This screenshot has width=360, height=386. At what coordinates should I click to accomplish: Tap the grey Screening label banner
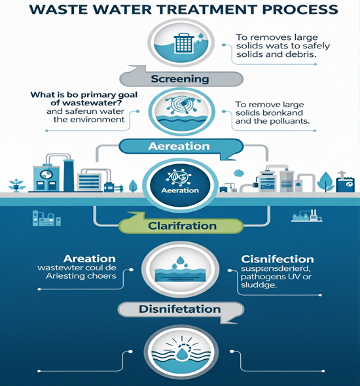(x=181, y=79)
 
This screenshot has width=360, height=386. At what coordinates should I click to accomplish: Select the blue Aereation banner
(x=181, y=147)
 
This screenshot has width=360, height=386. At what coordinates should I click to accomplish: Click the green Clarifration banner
(x=181, y=226)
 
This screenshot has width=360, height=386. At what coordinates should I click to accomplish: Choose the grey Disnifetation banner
(x=181, y=309)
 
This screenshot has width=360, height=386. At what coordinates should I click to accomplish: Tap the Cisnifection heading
(x=278, y=259)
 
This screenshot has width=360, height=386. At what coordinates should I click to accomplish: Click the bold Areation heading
(x=90, y=258)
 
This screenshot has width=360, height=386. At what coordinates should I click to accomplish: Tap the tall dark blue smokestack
(x=69, y=175)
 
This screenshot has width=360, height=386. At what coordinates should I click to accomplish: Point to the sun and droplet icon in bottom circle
(x=181, y=350)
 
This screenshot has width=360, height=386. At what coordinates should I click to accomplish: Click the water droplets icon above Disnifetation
(x=180, y=262)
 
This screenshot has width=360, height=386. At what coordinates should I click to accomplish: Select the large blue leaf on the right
(x=325, y=182)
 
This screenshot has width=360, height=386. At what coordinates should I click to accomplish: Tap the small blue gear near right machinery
(x=238, y=173)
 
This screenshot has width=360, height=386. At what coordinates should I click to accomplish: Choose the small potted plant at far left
(x=17, y=185)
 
